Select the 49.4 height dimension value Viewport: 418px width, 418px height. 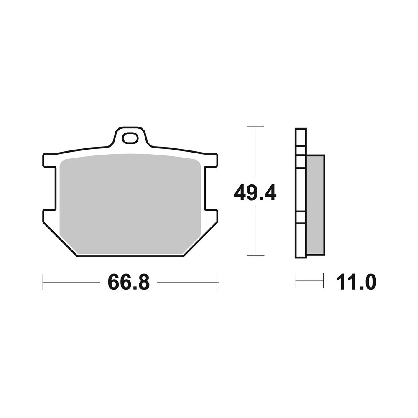click(255, 193)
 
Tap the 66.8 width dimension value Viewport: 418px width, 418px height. click(128, 283)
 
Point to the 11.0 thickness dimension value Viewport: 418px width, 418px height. click(356, 283)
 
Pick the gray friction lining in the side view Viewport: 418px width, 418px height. click(315, 205)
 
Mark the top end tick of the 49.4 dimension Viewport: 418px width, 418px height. click(255, 126)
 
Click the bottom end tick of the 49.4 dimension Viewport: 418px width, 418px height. click(255, 255)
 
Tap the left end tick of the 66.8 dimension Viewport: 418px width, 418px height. click(43, 282)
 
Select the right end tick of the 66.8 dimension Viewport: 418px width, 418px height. click(217, 282)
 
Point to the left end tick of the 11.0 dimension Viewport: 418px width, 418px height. click(296, 280)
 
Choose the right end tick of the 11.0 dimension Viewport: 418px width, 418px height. click(323, 280)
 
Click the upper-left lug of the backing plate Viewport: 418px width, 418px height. click(49, 160)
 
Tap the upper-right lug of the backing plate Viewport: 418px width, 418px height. click(211, 160)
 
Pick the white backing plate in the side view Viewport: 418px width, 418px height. click(301, 192)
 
